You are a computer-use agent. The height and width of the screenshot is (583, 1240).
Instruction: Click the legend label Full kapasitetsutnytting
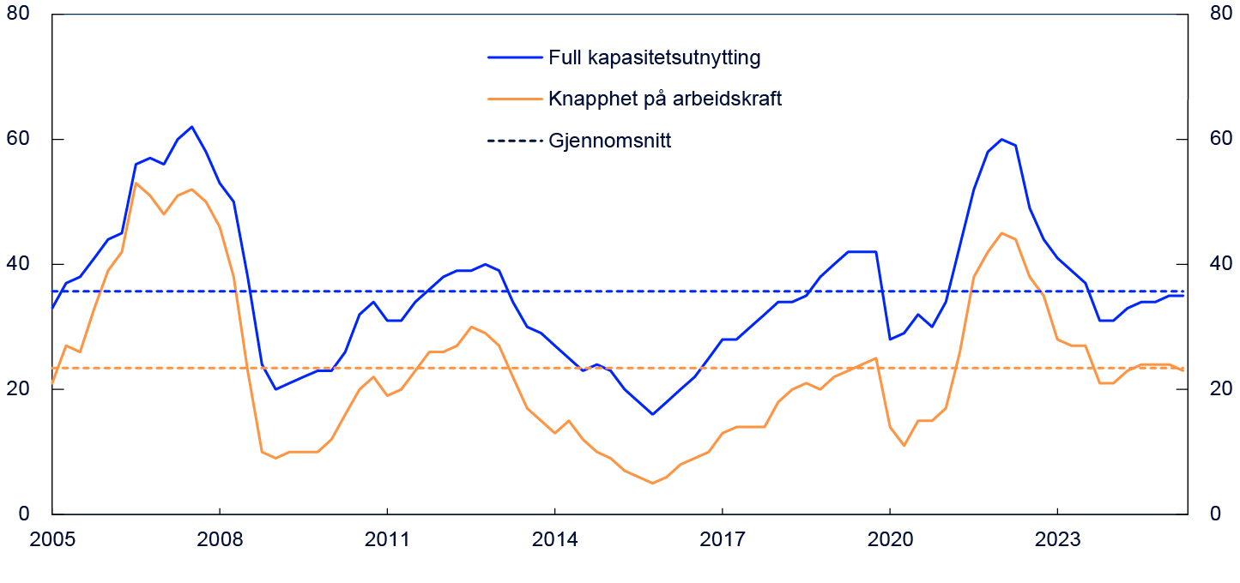point(655,58)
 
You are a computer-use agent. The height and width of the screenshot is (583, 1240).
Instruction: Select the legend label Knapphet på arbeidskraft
point(665,99)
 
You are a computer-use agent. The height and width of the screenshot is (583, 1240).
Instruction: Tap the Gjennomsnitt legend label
point(609,141)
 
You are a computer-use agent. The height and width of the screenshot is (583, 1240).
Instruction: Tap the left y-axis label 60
point(18,139)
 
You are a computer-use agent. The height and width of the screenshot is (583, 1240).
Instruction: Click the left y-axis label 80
point(18,15)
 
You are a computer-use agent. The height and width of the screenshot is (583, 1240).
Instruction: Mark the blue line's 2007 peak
point(191,127)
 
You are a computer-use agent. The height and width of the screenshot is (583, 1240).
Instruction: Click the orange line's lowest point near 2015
point(652,483)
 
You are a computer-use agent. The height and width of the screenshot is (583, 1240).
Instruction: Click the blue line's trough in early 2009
point(275,388)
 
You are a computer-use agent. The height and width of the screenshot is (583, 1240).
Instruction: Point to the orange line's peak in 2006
point(136,183)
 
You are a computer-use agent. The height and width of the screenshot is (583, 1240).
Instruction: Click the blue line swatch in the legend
point(515,58)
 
